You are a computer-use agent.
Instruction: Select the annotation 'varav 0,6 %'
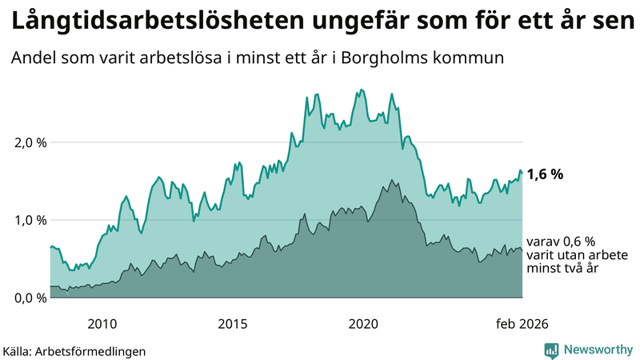click(x=562, y=242)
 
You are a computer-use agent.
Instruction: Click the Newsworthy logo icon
click(x=551, y=350)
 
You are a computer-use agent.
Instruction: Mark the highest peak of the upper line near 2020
click(x=362, y=90)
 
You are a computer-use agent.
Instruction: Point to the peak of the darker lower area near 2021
click(x=391, y=180)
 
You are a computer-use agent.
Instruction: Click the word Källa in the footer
click(x=18, y=350)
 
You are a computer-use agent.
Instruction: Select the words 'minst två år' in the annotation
click(x=562, y=269)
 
